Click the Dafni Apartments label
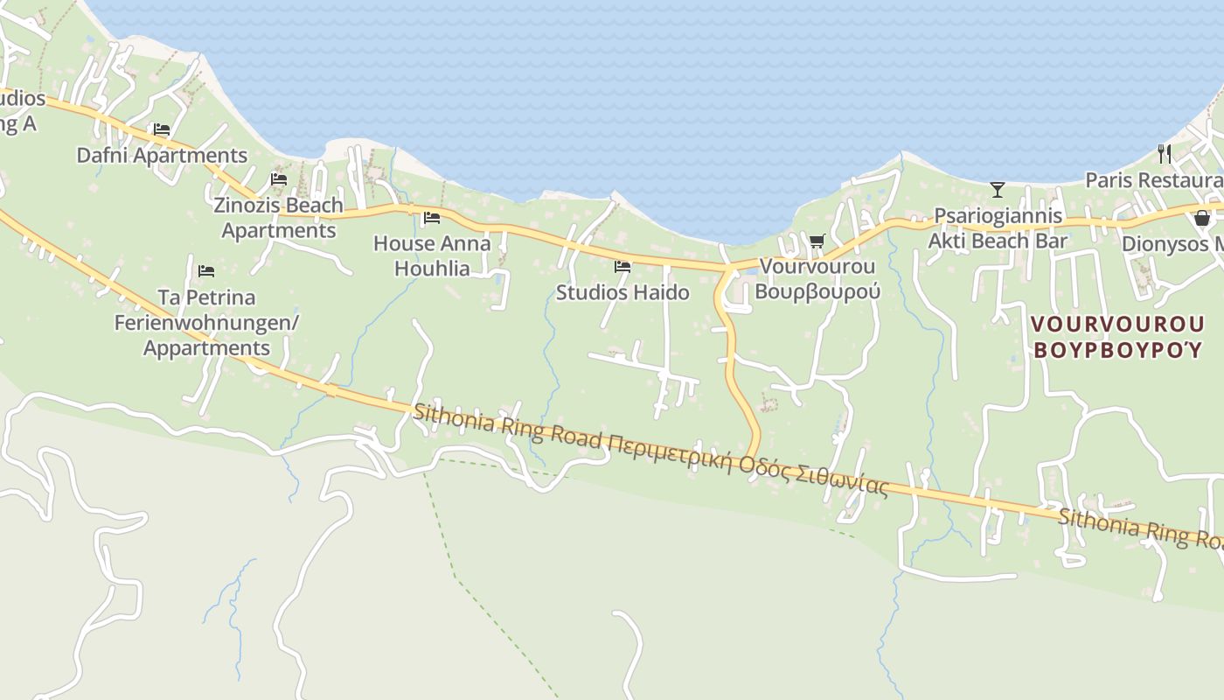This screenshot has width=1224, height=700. coord(162,156)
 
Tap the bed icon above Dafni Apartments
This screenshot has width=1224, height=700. coord(161,129)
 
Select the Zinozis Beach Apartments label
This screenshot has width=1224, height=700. coord(279,218)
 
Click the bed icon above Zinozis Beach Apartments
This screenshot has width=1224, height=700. coord(279,179)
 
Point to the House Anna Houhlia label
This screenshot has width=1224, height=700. coord(432,255)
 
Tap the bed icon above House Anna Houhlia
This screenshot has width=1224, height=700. coord(431,218)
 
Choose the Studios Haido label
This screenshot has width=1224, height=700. coord(622,292)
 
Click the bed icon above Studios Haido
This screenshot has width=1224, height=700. coord(622,266)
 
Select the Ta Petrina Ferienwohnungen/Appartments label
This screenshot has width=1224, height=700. coord(206,323)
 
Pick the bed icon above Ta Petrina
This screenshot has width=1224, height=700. coord(206,271)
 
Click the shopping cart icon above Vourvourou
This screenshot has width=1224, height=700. coord(817,241)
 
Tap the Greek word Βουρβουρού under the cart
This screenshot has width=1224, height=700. coord(817,291)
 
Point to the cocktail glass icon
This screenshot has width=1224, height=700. coord(997,189)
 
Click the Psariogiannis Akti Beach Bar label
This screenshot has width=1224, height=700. coord(998,228)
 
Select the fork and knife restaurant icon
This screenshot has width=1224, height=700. coord(1164,154)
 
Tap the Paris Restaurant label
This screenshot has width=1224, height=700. coord(1153,180)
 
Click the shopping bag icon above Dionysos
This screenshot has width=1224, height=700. coord(1202,218)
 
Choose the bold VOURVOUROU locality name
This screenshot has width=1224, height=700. coord(1117,324)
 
